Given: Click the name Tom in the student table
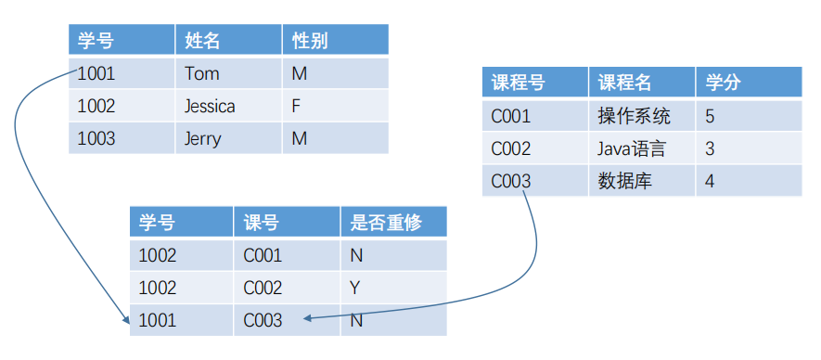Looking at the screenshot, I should coord(201,73).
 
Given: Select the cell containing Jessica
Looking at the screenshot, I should coord(210,106).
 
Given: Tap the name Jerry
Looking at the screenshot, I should coord(203,138).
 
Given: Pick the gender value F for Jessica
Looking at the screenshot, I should coord(296,106).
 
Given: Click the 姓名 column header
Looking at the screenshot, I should coord(202,41).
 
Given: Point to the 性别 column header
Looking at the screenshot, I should coord(310,41).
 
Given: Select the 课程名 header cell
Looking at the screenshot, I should coord(624,83).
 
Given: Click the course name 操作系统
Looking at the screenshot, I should coord(635,116).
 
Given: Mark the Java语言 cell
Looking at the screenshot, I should coord(632,148).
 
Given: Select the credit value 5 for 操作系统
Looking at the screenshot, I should coord(710,116).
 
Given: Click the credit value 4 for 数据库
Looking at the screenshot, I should coord(710,181).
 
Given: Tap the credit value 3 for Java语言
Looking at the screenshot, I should coord(710,148).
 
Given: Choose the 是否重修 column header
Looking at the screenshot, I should coord(386,223).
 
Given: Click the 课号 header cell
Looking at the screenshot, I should coord(262,223).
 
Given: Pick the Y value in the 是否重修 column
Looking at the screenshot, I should coord(354,288).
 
